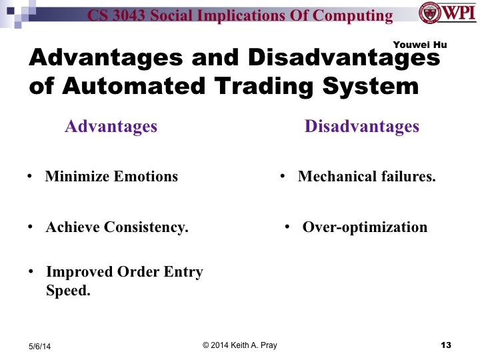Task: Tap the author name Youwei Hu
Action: [x=420, y=45]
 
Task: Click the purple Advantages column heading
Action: [x=111, y=126]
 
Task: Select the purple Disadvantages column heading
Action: [x=362, y=126]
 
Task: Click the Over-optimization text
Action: [x=365, y=227]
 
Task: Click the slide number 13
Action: [x=446, y=345]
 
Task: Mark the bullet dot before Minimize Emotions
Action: [x=30, y=177]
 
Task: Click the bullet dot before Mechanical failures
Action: [x=283, y=177]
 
